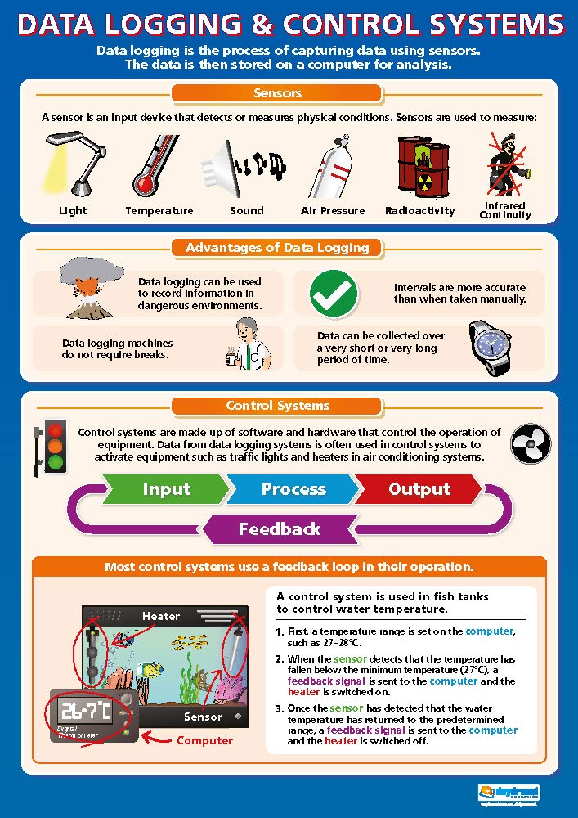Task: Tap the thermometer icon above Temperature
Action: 155,164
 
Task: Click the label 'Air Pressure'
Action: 333,211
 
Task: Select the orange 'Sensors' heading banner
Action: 278,93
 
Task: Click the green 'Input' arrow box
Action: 167,489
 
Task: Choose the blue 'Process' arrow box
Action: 293,489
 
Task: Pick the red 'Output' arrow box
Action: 419,489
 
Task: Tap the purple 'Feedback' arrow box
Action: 279,529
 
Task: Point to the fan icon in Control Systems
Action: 528,444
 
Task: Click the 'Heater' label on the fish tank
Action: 161,616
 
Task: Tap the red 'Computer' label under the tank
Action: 205,741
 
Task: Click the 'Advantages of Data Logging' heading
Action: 277,247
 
